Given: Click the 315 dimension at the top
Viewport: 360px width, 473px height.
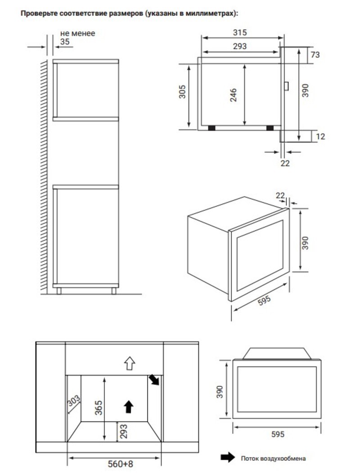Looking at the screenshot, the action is pos(240,32).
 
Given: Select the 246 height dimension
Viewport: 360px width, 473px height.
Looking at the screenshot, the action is pos(234,95).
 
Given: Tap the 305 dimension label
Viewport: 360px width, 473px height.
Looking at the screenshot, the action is pos(182,92).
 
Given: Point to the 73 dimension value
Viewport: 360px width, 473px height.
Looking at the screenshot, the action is pos(315,54).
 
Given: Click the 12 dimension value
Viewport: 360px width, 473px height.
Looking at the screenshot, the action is pos(320,137).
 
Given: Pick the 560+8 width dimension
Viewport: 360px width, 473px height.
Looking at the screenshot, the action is pos(121,464).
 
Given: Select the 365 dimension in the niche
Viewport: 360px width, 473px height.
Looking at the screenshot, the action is pos(99,407).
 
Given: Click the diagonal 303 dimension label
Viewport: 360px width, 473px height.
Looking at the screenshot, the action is pos(74,401).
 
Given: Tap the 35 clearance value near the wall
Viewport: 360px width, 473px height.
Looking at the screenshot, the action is pos(65,42).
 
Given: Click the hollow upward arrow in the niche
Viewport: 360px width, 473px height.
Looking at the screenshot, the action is pos(130,363).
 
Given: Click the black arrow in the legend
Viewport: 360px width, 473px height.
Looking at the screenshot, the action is pos(228,457).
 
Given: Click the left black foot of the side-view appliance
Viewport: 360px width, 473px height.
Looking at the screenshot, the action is pos(211,128).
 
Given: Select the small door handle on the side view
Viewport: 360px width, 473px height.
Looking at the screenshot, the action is pos(286,86).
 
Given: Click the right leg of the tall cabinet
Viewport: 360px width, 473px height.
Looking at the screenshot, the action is pos(114,291).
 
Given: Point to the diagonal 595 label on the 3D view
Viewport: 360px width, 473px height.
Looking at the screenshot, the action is pos(264,301).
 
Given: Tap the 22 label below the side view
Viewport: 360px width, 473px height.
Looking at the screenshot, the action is pos(285,163).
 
